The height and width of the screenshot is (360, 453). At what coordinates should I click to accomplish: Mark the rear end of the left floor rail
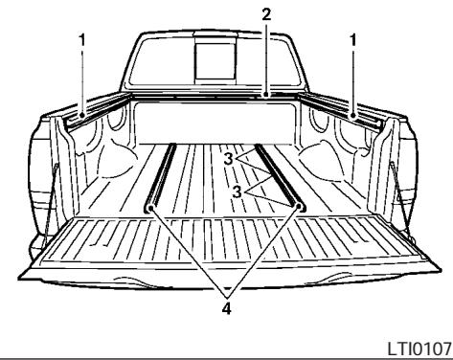(x=151, y=206)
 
